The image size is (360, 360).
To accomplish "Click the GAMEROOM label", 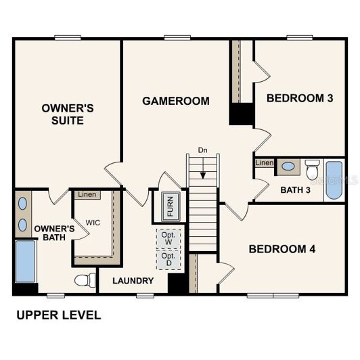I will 175,101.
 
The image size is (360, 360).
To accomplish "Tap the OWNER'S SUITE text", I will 62,114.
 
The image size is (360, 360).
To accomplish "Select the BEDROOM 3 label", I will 300,98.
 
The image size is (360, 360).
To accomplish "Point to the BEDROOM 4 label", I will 282,248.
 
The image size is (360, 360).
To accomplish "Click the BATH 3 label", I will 295,189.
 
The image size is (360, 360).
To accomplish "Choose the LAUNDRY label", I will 133,281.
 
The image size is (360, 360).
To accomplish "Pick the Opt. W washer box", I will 168,238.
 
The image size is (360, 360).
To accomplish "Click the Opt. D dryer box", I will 168,260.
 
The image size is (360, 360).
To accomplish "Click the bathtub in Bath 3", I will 335,180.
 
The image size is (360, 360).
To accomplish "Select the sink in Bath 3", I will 288,166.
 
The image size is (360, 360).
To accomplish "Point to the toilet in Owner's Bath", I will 83,280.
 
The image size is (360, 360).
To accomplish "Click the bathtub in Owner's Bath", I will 25,261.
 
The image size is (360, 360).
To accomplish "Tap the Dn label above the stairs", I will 202,150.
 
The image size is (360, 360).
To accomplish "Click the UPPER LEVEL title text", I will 58,315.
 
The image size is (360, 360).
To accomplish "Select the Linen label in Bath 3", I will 264,162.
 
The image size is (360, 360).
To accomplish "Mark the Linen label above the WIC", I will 87,195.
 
